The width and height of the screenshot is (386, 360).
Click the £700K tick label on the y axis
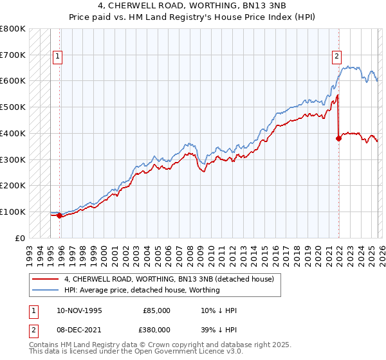(x=13, y=55)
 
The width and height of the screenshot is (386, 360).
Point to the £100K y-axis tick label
(x=13, y=212)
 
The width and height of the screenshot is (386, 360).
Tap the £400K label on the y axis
(x=13, y=133)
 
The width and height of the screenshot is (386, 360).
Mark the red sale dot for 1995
(x=60, y=215)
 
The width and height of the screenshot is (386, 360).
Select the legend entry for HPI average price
(x=142, y=290)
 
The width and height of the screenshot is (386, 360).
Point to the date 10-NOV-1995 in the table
(x=80, y=310)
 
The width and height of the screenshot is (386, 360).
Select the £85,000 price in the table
(x=157, y=310)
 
